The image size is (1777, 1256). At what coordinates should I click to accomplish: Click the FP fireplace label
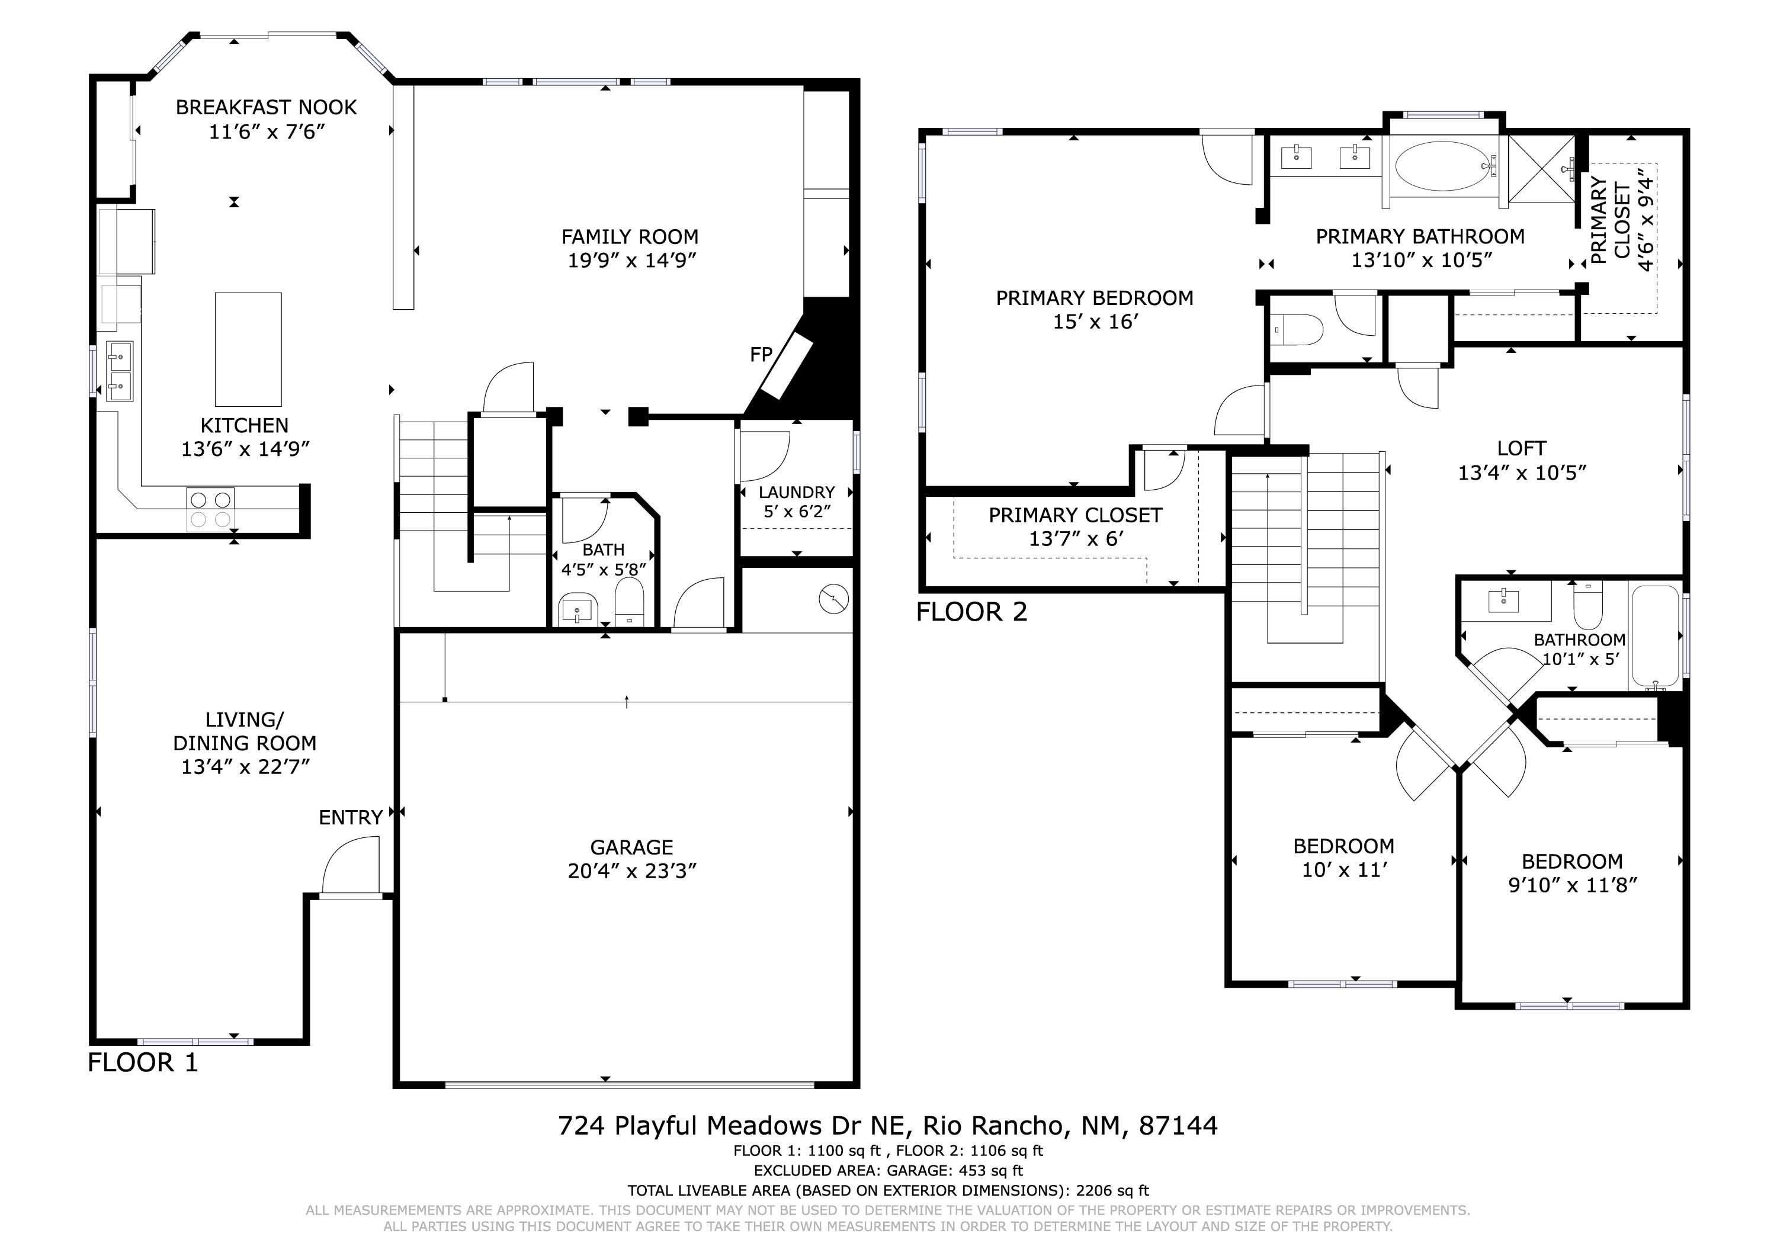[x=761, y=355]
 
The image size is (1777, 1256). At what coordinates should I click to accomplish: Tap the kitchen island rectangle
[x=248, y=349]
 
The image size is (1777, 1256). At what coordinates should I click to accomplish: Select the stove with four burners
[x=210, y=509]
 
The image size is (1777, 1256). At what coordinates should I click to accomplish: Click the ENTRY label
[x=351, y=817]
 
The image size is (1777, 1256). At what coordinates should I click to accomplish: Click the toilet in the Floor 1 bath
[x=629, y=603]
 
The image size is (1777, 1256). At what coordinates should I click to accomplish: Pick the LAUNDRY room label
[x=797, y=492]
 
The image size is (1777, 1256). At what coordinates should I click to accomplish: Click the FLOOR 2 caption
[x=971, y=612]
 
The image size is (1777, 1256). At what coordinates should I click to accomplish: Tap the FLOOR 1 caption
[x=143, y=1062]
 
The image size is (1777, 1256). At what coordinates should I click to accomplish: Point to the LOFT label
[x=1522, y=449]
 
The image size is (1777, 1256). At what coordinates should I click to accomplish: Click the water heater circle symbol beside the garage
[x=833, y=598]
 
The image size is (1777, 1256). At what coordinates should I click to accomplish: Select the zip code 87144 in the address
[x=1178, y=1125]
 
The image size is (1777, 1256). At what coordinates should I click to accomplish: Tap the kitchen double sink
[x=120, y=371]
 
